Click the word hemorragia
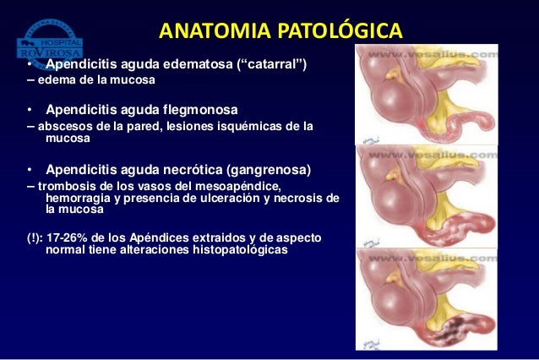click(81, 198)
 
